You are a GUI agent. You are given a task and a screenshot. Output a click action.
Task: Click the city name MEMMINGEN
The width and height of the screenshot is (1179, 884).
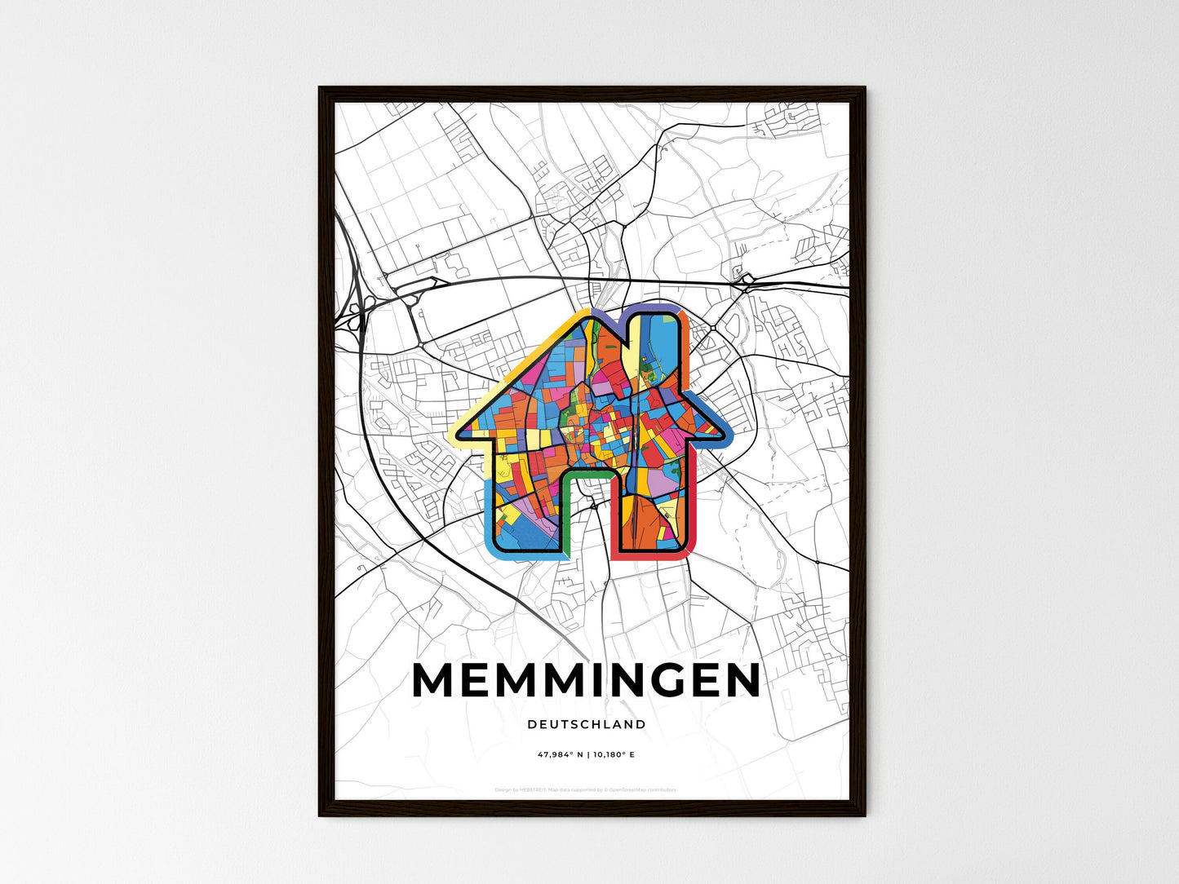[586, 680]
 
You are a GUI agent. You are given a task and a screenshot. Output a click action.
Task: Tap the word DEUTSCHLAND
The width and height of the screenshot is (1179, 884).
[586, 724]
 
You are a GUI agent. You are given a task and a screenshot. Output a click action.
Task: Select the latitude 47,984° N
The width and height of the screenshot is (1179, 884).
[559, 755]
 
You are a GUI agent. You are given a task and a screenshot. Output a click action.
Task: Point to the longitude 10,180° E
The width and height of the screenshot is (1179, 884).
[613, 755]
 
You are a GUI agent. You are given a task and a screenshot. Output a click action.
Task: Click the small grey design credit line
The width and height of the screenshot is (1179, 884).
[586, 789]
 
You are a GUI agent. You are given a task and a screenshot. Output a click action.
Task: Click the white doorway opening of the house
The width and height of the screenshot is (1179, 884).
[586, 522]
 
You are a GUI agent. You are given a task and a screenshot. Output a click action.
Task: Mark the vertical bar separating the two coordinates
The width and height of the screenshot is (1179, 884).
[587, 755]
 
